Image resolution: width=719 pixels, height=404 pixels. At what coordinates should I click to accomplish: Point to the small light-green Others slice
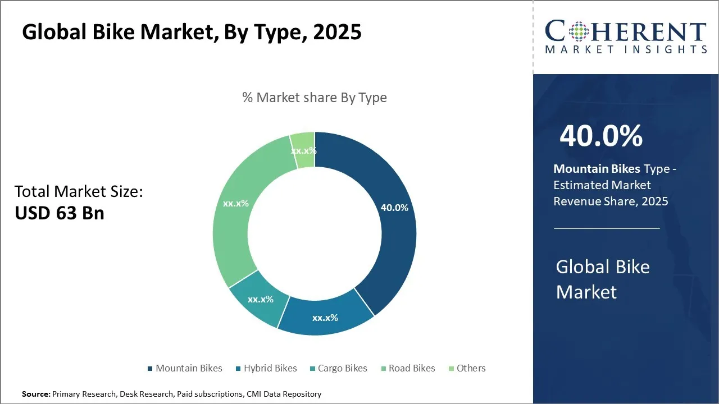304,150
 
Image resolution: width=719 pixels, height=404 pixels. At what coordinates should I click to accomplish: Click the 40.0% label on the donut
394,208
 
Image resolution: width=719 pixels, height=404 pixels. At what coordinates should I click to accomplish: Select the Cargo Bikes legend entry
338,368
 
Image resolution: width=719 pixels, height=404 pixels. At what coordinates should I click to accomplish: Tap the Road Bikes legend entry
408,368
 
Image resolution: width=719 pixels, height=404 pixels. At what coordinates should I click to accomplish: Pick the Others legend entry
467,368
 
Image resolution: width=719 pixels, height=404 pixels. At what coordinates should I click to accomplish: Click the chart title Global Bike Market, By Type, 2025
192,33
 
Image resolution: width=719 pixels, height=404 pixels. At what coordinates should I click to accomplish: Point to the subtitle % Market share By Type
315,98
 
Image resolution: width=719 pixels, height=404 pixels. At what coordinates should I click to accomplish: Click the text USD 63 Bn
60,213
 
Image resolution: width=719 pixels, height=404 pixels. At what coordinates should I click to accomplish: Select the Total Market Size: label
79,192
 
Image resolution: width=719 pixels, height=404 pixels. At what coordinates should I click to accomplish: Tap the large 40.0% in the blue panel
601,136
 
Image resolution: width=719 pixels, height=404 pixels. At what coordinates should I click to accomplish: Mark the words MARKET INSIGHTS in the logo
626,49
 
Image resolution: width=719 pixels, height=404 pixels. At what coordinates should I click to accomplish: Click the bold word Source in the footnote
35,394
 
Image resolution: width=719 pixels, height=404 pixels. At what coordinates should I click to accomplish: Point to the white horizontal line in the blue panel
607,228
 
